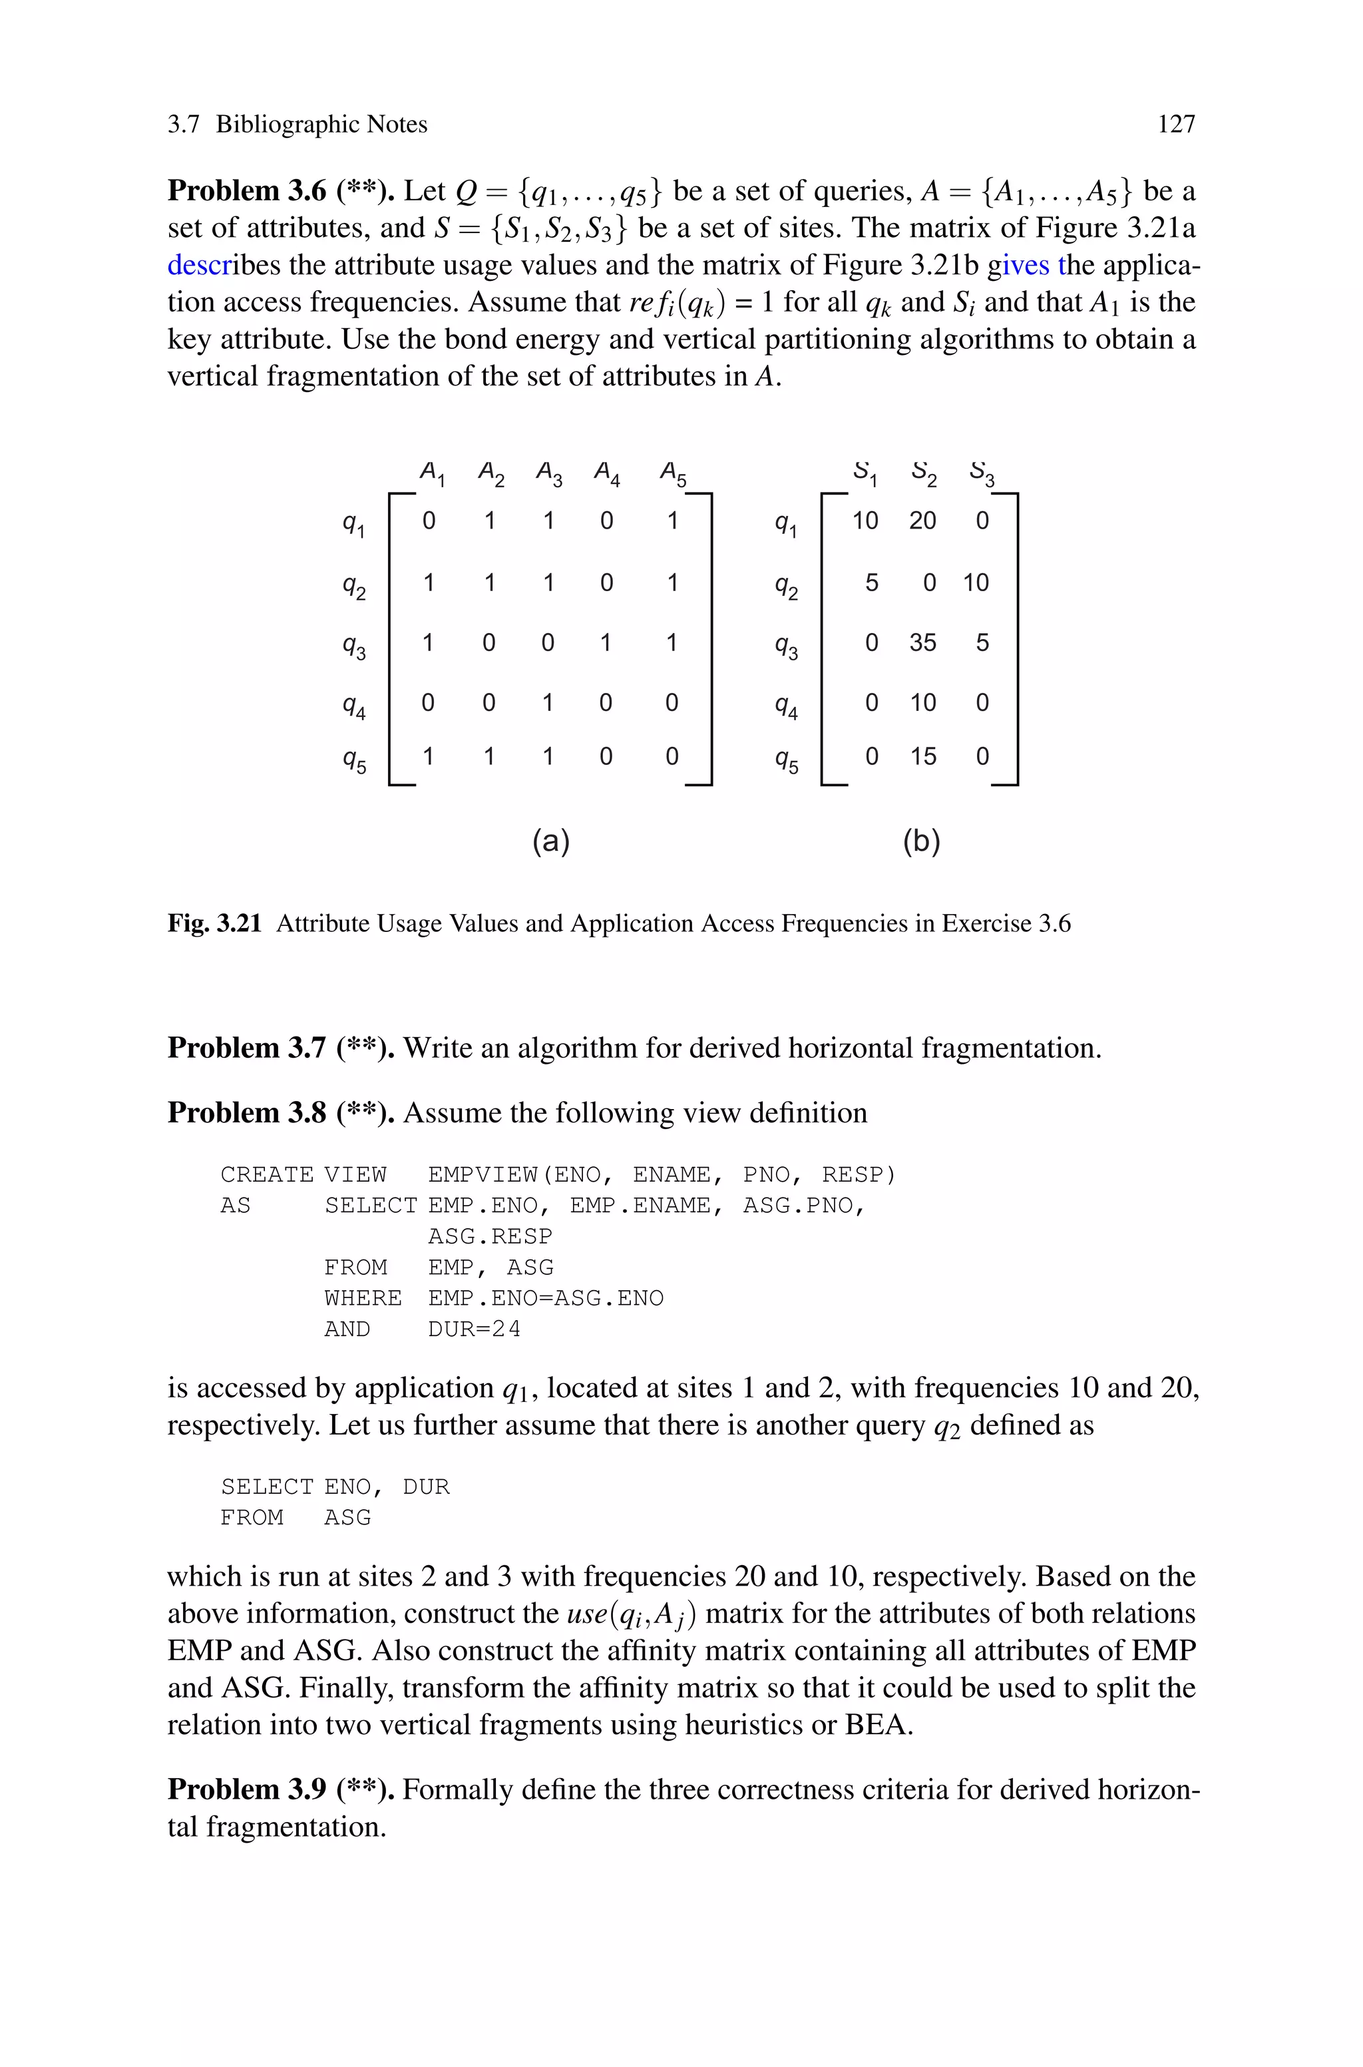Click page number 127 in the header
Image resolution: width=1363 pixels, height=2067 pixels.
(1176, 124)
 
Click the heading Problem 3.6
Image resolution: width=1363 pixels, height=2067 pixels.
(247, 190)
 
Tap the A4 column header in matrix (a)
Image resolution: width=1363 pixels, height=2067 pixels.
(606, 474)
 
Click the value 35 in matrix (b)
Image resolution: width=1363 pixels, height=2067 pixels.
(922, 642)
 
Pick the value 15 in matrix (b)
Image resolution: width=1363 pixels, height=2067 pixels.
(922, 756)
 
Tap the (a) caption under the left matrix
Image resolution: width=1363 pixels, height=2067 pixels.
(551, 841)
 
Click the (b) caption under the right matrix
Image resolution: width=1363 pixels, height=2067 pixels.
(921, 841)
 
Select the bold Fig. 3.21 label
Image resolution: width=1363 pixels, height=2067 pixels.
(215, 923)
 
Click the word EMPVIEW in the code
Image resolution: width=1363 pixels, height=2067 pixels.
(483, 1175)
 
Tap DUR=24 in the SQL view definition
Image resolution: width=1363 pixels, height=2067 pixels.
(474, 1329)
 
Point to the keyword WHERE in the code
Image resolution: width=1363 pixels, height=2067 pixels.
(363, 1299)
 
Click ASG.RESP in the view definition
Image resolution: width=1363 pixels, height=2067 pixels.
(489, 1237)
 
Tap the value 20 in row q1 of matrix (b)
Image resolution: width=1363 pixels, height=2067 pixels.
(922, 521)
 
